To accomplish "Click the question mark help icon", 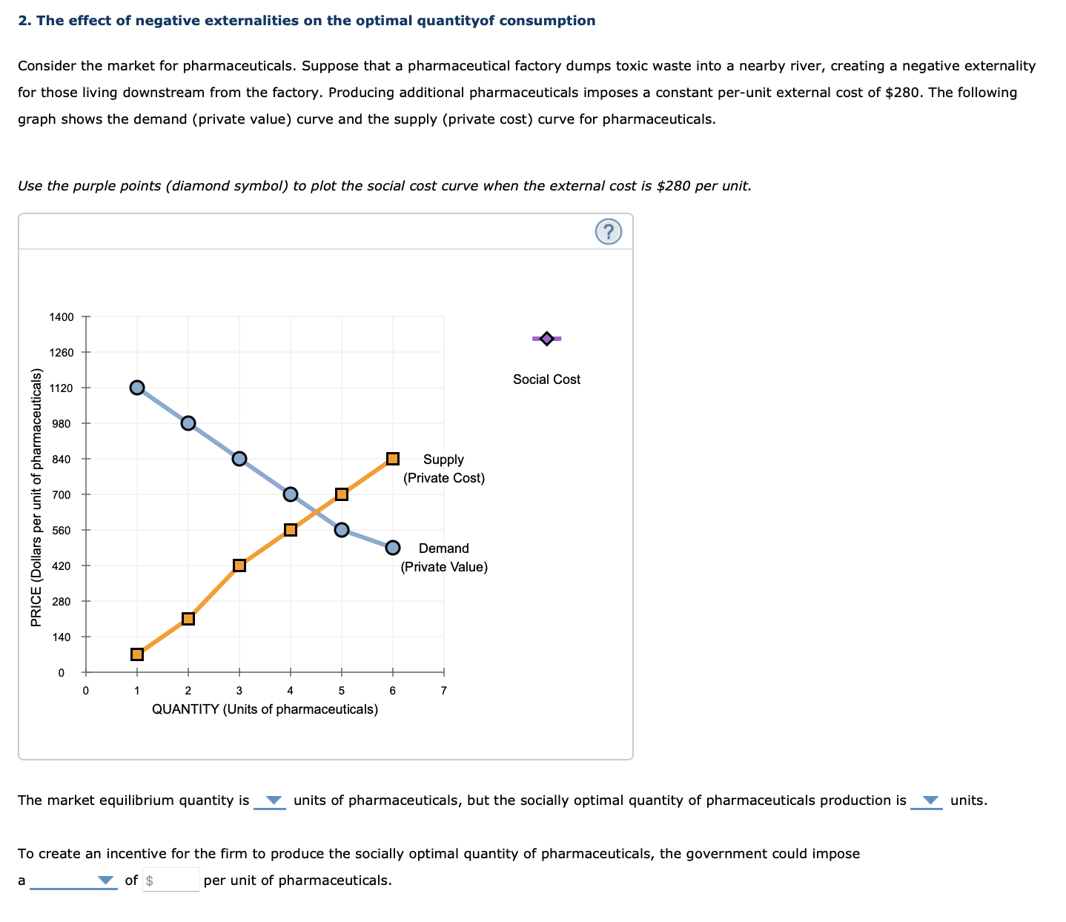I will tap(608, 232).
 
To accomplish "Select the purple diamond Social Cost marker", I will tap(546, 339).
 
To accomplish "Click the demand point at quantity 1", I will tap(137, 388).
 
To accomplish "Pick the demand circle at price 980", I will tap(188, 423).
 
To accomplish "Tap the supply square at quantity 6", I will tap(393, 459).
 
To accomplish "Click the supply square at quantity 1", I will tap(137, 654).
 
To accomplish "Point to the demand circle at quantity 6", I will tap(393, 548).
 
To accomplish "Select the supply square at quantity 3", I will tap(239, 566).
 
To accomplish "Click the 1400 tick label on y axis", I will tap(62, 317).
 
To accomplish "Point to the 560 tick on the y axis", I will tap(62, 531).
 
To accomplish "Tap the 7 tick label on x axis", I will tap(443, 691).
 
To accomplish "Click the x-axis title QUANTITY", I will tap(265, 709).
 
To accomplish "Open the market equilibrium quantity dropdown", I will tap(271, 800).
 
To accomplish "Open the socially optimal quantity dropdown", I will tap(927, 800).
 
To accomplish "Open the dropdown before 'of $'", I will tap(74, 880).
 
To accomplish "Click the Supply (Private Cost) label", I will tap(443, 468).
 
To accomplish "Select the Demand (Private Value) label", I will tap(443, 557).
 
